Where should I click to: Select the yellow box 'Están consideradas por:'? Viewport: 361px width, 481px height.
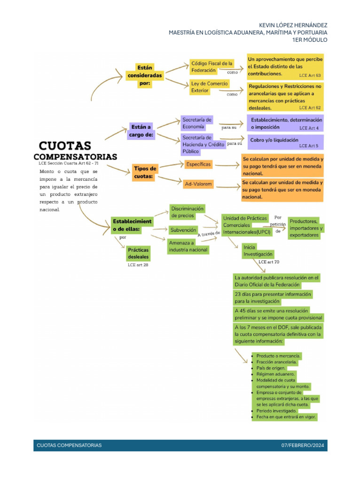[145, 75]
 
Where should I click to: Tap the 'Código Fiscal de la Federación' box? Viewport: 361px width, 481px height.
[212, 67]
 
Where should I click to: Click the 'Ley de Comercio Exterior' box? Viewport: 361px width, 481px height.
[209, 87]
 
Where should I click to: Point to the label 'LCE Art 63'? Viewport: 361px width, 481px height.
[310, 75]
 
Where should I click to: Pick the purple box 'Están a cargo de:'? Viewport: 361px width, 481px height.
[142, 131]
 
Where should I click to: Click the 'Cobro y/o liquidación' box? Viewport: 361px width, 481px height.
[274, 140]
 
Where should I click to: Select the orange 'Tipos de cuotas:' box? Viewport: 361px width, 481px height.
[145, 172]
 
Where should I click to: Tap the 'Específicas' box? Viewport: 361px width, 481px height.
[198, 164]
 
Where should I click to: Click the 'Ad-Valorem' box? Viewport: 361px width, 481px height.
[198, 184]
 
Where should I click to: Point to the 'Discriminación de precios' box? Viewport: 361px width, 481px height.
[187, 212]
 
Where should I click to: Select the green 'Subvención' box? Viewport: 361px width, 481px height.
[183, 230]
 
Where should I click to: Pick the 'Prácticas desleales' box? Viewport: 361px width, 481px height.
[138, 254]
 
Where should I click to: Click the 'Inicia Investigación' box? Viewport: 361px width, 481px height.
[257, 250]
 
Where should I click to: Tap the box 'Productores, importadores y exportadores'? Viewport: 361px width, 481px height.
[306, 228]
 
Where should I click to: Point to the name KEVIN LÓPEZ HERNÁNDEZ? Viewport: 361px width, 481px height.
[293, 25]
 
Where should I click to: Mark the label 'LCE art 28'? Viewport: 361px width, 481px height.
[138, 265]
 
